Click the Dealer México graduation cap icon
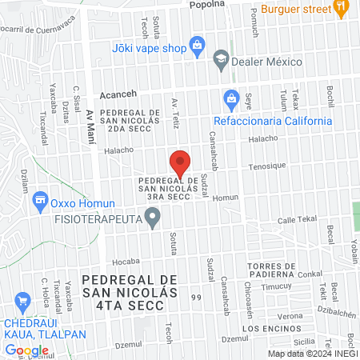[220, 61]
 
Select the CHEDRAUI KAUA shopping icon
[22, 302]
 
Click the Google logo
[26, 350]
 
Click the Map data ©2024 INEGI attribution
[310, 353]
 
